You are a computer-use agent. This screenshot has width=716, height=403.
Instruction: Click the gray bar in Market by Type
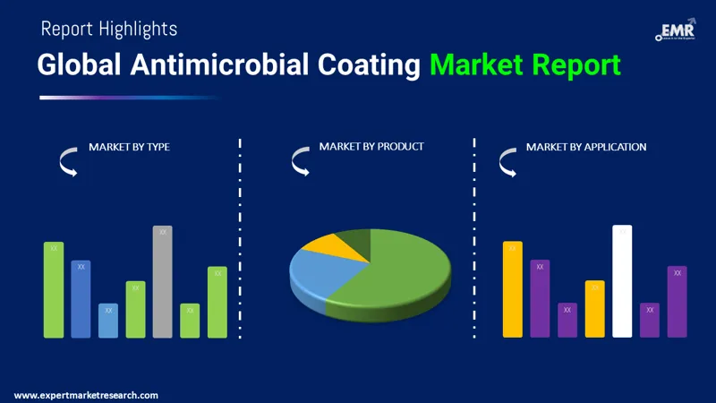(162, 282)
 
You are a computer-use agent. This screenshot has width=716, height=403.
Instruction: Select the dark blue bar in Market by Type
(81, 299)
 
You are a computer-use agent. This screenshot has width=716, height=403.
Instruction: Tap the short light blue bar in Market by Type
(108, 321)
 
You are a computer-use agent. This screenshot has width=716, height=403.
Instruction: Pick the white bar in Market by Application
(622, 282)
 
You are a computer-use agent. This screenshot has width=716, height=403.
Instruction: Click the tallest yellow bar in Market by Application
(512, 290)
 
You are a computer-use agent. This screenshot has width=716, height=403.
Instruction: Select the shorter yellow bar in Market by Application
(595, 309)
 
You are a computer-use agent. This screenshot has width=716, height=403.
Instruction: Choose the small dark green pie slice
(355, 238)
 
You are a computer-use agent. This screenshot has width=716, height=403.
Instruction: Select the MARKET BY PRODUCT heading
(371, 146)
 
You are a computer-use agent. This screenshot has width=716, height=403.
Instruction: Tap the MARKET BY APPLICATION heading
(586, 147)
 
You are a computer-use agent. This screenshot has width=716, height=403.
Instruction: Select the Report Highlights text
(109, 29)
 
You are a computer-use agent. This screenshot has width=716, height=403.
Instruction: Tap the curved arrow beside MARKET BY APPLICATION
(507, 162)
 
